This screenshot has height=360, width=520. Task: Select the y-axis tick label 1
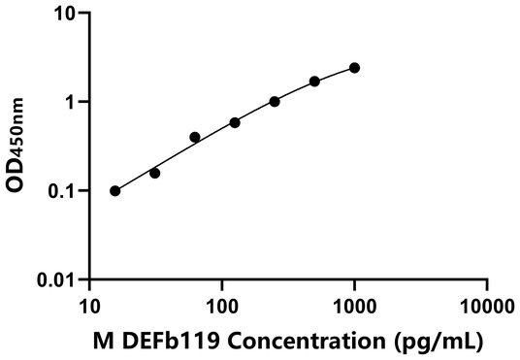(73, 102)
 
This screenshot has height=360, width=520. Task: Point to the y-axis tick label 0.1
(65, 191)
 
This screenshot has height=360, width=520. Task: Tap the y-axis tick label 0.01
(60, 279)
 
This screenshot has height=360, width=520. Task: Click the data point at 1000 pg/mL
(354, 68)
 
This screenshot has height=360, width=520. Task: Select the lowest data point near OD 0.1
(115, 190)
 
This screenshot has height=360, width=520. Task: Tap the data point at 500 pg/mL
(314, 81)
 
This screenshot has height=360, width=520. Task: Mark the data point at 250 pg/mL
(275, 101)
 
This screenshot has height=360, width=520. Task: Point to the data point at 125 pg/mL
(235, 122)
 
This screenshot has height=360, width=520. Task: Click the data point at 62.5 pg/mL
(195, 137)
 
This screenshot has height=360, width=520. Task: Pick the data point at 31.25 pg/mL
(155, 173)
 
